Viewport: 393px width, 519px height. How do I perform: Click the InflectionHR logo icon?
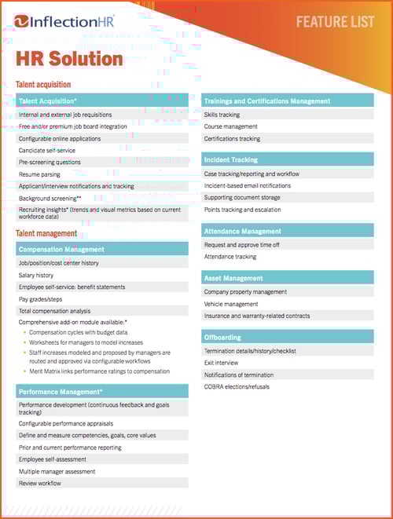point(22,21)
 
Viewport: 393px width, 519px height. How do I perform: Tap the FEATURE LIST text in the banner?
point(335,21)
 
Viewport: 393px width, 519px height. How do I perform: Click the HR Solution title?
point(69,59)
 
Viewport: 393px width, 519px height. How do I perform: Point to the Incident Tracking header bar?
point(230,159)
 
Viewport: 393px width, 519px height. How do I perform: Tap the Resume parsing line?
point(41,174)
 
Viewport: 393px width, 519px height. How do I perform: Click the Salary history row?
point(36,276)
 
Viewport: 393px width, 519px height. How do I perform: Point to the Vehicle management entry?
point(231,304)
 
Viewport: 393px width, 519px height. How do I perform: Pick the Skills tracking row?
point(222,115)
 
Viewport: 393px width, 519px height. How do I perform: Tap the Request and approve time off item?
point(242,245)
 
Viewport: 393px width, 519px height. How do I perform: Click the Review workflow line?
point(40,484)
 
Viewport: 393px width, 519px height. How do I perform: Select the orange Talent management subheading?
point(46,233)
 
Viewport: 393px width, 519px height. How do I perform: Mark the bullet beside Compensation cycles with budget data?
point(24,332)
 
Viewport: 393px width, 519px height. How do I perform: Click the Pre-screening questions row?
point(50,163)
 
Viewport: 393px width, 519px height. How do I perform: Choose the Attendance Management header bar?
point(242,232)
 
